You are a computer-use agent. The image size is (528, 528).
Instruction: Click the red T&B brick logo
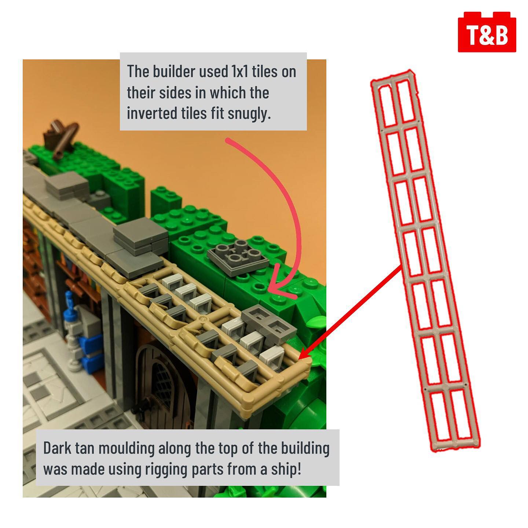(487, 32)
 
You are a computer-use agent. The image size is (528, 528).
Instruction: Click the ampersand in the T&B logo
(487, 35)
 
